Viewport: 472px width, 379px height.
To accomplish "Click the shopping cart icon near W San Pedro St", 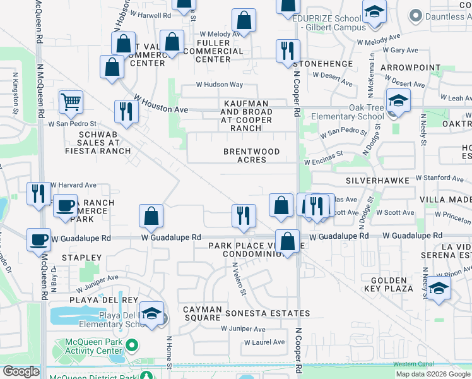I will [x=71, y=101].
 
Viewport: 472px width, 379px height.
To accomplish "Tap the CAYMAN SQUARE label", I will [x=202, y=313].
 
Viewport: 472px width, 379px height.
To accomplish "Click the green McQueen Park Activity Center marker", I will [x=132, y=346].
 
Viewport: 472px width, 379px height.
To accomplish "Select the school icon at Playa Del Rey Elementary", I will [x=152, y=313].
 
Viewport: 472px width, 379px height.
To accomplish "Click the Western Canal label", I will [x=413, y=364].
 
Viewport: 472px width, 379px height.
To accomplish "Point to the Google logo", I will [x=21, y=371].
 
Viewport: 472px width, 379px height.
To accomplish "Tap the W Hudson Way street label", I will [x=219, y=85].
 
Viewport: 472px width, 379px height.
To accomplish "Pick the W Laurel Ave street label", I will [x=264, y=342].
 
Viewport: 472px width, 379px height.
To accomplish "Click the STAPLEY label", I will [x=81, y=258].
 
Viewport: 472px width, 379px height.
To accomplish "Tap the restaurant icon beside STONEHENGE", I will [x=288, y=51].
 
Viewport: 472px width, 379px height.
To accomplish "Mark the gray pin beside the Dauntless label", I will [x=415, y=16].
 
